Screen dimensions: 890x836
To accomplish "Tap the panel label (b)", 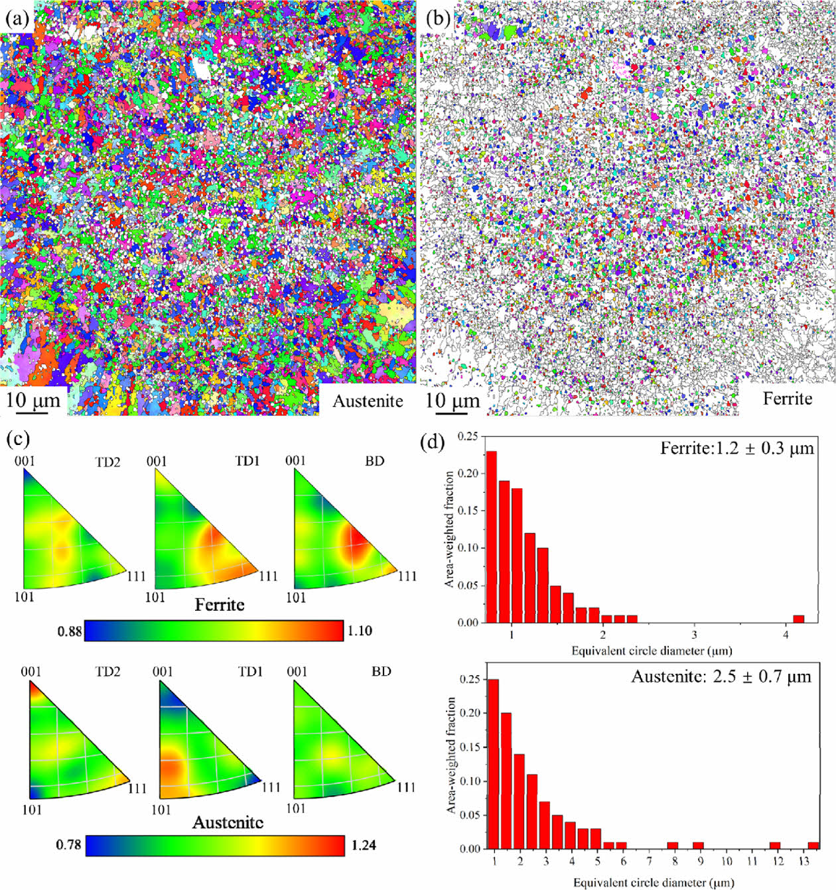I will (x=437, y=18).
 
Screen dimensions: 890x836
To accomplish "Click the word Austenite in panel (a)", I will (x=368, y=401).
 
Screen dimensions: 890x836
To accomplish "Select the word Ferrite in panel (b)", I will (x=787, y=399).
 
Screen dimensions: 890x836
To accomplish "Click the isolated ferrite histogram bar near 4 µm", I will (x=799, y=619).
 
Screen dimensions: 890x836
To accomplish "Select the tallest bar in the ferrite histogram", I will (x=492, y=537).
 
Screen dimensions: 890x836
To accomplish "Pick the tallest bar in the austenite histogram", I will (x=493, y=763).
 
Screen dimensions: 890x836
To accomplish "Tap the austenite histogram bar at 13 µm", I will (x=813, y=845).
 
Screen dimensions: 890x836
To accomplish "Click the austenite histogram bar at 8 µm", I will (x=673, y=845).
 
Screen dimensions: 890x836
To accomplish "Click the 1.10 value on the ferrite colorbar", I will (x=360, y=631).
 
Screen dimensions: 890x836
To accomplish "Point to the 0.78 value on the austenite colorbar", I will (x=68, y=845).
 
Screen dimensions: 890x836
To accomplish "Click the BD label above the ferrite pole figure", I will (x=375, y=461).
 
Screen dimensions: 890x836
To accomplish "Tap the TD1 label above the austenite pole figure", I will (x=250, y=672).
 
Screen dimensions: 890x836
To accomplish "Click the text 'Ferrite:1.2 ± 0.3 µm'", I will (x=736, y=449).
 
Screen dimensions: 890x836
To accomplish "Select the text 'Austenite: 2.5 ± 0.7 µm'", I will (x=721, y=676).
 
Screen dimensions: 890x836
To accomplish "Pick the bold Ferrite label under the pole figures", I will (x=220, y=605).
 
